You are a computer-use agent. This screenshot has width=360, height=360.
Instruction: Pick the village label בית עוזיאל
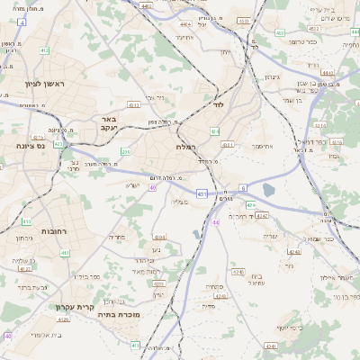256,280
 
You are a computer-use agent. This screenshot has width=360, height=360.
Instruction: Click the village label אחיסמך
263,146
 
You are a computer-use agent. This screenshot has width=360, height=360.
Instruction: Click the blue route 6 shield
242,187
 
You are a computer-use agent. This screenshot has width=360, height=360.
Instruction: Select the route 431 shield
201,193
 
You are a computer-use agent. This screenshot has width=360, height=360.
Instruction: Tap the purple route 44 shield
215,221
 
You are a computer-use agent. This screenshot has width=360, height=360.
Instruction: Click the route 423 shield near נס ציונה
58,143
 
